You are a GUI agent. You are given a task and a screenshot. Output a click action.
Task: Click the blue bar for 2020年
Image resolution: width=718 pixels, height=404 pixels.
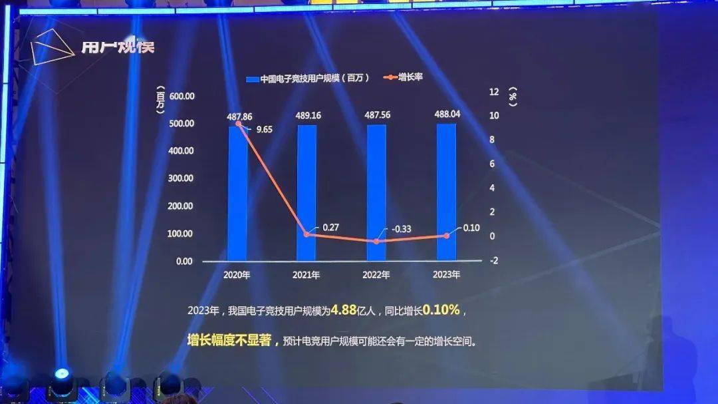pos(238,193)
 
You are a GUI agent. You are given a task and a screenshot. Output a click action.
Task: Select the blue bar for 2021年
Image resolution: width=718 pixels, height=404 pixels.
pos(306,193)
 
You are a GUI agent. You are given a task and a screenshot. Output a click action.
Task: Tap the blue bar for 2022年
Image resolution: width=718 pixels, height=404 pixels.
pos(376,193)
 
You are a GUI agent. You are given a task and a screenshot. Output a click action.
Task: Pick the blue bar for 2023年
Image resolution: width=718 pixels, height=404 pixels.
pos(446,193)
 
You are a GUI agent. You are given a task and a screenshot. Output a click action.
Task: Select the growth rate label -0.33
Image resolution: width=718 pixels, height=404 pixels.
pos(402,229)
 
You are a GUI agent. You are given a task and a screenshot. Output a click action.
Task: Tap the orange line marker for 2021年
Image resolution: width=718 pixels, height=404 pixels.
pos(306,234)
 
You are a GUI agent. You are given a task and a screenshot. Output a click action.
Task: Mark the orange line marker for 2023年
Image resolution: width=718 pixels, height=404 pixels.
pos(446,236)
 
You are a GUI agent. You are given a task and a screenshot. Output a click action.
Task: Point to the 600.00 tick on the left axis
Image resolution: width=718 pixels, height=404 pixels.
pos(181,96)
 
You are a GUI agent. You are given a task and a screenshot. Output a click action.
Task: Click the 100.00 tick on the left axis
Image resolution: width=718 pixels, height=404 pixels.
pos(181,234)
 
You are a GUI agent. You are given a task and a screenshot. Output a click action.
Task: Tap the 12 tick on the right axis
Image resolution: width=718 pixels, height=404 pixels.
pos(494,92)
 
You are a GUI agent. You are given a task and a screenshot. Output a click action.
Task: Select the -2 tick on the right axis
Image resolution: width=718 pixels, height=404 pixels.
pos(493,260)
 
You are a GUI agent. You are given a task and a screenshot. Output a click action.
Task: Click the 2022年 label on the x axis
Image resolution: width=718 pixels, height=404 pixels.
pos(376,274)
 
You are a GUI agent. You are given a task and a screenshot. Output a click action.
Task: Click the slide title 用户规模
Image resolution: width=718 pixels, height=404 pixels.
pos(118,48)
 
